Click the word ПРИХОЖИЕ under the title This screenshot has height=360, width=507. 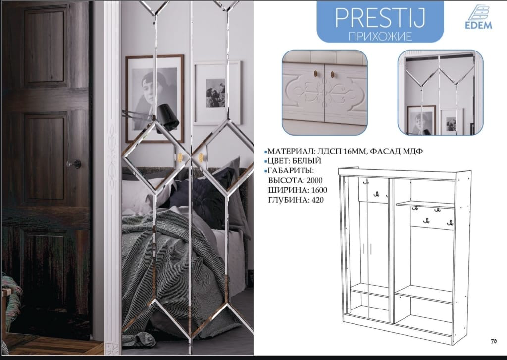pyautogui.click(x=380, y=36)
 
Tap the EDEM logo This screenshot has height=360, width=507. pyautogui.click(x=479, y=17)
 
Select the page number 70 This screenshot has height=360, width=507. pyautogui.click(x=494, y=341)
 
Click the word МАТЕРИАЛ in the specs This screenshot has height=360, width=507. pyautogui.click(x=291, y=151)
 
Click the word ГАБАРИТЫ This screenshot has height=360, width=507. pyautogui.click(x=291, y=170)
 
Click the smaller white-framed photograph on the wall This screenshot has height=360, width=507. pyautogui.click(x=217, y=93)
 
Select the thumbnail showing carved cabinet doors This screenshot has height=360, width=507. pyautogui.click(x=325, y=93)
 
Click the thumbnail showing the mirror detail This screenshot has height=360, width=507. pyautogui.click(x=440, y=93)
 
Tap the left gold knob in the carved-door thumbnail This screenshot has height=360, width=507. pyautogui.click(x=316, y=74)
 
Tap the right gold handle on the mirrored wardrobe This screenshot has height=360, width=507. pyautogui.click(x=201, y=157)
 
